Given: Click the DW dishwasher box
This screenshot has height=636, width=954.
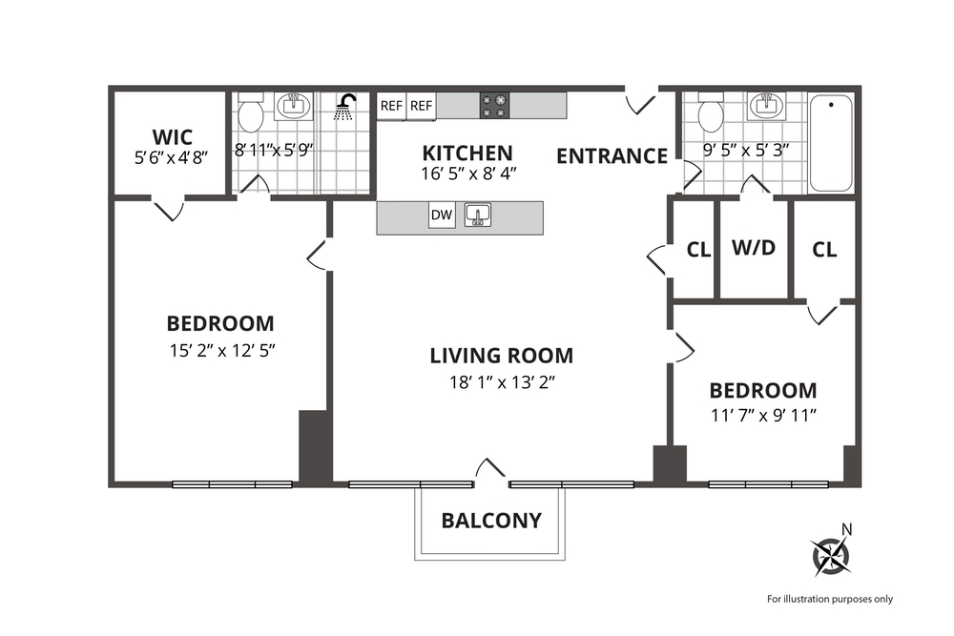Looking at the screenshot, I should point(441,215).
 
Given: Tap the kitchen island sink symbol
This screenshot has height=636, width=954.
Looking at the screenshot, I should point(478,215).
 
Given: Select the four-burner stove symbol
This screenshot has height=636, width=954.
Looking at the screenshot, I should point(494,105).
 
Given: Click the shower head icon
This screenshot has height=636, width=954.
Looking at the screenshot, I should point(347,106).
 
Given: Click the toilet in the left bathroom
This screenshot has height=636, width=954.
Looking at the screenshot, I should point(251,115).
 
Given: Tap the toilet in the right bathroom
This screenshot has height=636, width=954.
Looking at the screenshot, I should point(711,115).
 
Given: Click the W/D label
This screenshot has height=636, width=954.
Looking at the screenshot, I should point(754,248).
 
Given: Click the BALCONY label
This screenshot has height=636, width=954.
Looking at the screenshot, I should point(490,521).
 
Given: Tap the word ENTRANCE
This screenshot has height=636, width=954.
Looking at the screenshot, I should point(612,156).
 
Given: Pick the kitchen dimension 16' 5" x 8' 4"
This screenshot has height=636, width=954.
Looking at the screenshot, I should point(467,174).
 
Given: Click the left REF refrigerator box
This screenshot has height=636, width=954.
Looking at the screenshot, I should point(391,106).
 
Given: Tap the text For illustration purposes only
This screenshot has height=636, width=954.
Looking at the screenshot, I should point(829,599).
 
